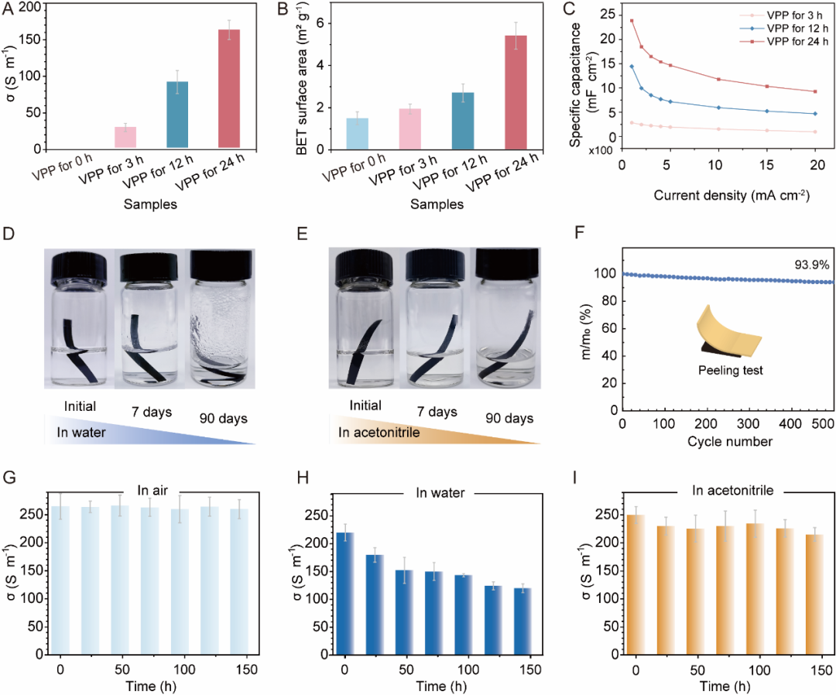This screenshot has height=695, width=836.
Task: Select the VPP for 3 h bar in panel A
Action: [120, 137]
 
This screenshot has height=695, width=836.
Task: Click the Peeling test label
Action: [731, 371]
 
